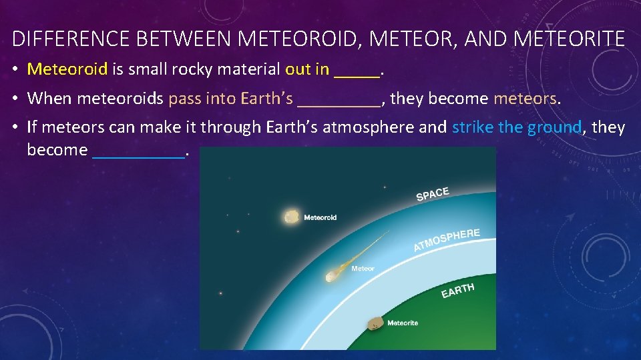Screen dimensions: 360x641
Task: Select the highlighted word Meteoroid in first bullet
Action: (x=67, y=69)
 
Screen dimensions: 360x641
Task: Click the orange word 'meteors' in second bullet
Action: (x=525, y=99)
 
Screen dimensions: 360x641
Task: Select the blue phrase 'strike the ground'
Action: (x=517, y=127)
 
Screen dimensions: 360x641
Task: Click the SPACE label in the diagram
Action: (x=433, y=193)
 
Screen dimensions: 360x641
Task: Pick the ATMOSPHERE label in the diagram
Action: (x=446, y=240)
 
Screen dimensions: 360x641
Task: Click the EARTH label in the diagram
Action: (x=457, y=291)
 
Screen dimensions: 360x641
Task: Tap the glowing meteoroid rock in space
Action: (x=291, y=217)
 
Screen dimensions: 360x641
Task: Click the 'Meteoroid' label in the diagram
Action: (x=320, y=217)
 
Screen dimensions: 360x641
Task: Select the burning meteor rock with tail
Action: (x=332, y=275)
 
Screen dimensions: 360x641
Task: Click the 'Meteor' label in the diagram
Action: (x=363, y=269)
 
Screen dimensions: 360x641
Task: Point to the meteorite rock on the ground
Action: (x=377, y=323)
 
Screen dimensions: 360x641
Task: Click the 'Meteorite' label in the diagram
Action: (x=403, y=323)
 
